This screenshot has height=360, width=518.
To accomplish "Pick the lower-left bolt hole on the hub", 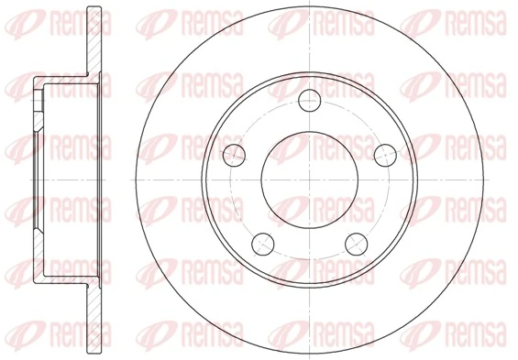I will (x=262, y=242).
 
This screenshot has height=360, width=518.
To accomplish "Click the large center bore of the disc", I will (x=307, y=180).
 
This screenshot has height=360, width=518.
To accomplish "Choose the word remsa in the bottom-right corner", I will (x=472, y=338).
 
